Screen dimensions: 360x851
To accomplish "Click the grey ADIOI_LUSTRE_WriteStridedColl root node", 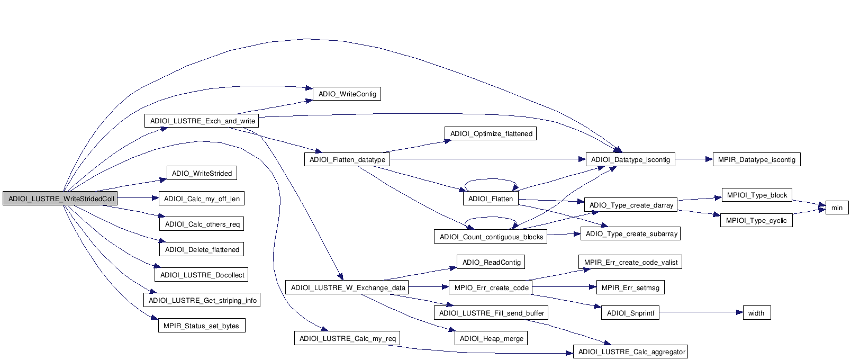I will pyautogui.click(x=60, y=199).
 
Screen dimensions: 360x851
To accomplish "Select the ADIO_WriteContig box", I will pyautogui.click(x=347, y=94).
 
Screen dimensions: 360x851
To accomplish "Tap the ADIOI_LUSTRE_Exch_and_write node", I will pyautogui.click(x=202, y=121).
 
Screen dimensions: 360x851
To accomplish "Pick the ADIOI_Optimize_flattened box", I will pyautogui.click(x=491, y=134).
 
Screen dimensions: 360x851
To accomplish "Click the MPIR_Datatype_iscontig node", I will pyautogui.click(x=756, y=160).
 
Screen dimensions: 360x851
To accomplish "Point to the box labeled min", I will pyautogui.click(x=836, y=208).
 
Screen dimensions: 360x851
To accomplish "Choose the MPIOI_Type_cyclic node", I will pyautogui.click(x=756, y=221).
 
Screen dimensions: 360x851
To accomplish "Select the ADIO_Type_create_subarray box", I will pyautogui.click(x=631, y=234).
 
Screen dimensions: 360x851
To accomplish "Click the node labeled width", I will pyautogui.click(x=756, y=313).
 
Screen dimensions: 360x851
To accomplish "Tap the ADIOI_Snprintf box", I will pyautogui.click(x=630, y=313).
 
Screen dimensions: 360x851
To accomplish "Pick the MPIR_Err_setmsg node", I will pyautogui.click(x=630, y=288).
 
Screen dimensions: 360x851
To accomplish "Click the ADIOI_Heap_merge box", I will pyautogui.click(x=491, y=339).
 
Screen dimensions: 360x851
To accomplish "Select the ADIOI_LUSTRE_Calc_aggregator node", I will pyautogui.click(x=631, y=352).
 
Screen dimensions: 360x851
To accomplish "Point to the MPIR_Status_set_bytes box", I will pyautogui.click(x=201, y=326).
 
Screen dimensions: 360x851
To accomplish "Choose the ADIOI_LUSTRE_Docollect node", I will pyautogui.click(x=202, y=275).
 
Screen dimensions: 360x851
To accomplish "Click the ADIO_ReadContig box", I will pyautogui.click(x=491, y=263).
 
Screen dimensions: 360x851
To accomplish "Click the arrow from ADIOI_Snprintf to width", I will pyautogui.click(x=699, y=313).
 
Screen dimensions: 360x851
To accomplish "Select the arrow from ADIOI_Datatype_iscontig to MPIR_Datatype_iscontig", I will pyautogui.click(x=693, y=159).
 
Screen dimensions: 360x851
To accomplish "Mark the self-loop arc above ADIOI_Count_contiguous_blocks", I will pyautogui.click(x=491, y=218).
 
